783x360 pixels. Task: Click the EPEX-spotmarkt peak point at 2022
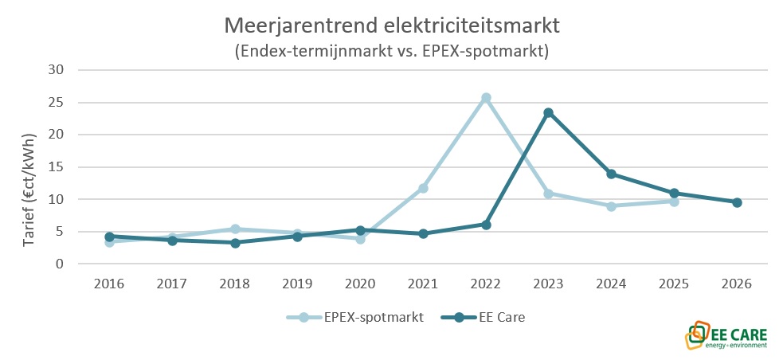[x=486, y=98]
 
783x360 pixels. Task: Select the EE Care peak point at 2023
[x=549, y=113]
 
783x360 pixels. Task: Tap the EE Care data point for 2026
[x=737, y=202]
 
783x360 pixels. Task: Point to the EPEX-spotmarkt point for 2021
[x=423, y=188]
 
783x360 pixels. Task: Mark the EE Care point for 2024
[x=611, y=174]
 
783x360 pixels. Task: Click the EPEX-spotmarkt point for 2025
[x=674, y=202]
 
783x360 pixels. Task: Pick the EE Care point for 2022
[x=486, y=225]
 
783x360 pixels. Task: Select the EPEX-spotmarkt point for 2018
[x=235, y=229]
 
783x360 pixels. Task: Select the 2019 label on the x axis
[x=297, y=284]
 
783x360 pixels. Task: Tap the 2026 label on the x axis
[x=737, y=284]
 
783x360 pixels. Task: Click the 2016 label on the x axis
[x=109, y=284]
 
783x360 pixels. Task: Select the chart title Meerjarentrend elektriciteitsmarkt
[x=393, y=25]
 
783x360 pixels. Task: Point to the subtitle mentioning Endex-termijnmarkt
[x=393, y=51]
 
